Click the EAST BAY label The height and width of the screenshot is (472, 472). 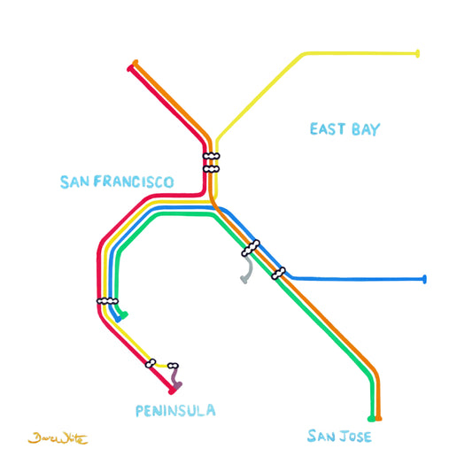point(344,130)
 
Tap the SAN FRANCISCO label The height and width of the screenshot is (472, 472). point(117,182)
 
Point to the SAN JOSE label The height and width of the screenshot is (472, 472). point(339,437)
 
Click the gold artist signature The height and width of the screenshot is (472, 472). point(58,438)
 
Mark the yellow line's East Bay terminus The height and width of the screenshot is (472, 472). point(417,54)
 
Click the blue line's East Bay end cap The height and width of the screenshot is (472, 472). point(425,280)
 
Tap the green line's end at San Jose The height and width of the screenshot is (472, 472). point(370,418)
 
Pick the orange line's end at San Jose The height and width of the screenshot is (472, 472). point(379,418)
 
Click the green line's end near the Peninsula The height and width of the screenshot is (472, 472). point(126,314)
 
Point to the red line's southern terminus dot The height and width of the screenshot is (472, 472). point(171,391)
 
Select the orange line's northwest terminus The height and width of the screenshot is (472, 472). point(135,63)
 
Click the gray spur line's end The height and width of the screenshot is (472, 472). point(243,282)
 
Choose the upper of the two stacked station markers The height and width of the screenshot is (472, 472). point(211,157)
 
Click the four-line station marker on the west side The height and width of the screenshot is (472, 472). point(108,301)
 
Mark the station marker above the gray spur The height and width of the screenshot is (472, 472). point(251,248)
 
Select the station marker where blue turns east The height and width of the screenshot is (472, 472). point(279,273)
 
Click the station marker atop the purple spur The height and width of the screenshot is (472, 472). point(174,366)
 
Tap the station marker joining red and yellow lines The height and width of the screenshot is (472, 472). point(151,362)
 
